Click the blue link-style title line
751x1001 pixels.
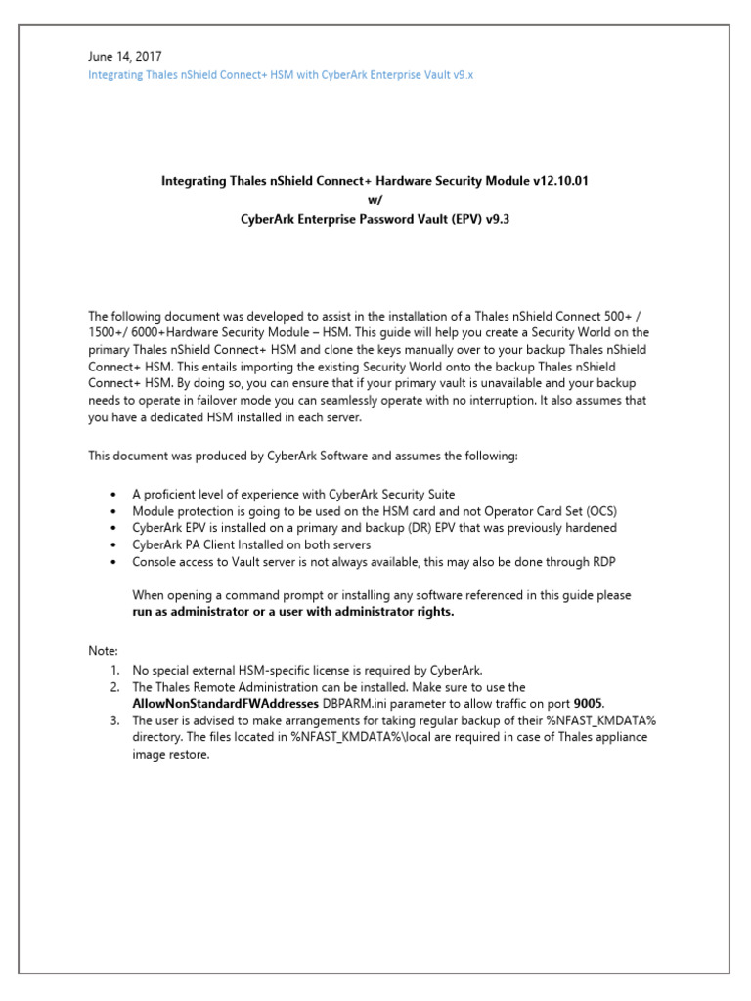tap(281, 74)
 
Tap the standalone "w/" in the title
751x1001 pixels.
tap(375, 200)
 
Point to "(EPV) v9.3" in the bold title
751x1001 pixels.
tap(479, 219)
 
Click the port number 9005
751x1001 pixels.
tap(589, 703)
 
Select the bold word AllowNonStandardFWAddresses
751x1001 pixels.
tap(226, 703)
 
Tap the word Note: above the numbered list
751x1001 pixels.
tap(103, 651)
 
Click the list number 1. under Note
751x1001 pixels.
tap(115, 670)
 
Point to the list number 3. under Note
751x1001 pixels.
tap(115, 719)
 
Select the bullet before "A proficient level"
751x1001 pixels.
tap(114, 495)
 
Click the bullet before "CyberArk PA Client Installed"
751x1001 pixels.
tap(114, 545)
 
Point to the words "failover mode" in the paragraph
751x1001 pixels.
tap(214, 401)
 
